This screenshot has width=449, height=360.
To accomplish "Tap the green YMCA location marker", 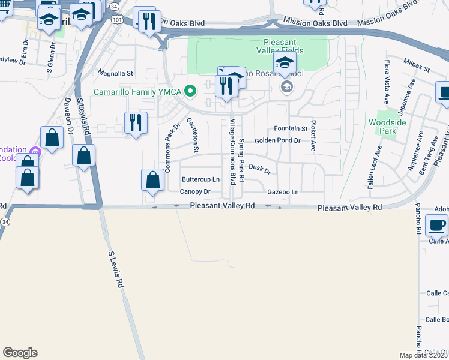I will pyautogui.click(x=191, y=92).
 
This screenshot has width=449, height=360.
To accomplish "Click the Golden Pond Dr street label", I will pyautogui.click(x=277, y=140).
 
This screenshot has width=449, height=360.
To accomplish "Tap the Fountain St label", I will pyautogui.click(x=290, y=128).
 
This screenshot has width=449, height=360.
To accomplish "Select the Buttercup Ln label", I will pyautogui.click(x=200, y=179).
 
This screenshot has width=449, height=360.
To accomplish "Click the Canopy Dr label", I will pyautogui.click(x=195, y=192).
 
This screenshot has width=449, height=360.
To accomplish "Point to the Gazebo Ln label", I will pyautogui.click(x=283, y=191).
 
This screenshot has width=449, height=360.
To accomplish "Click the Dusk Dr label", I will pyautogui.click(x=260, y=170).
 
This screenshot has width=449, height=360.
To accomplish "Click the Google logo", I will pyautogui.click(x=20, y=353).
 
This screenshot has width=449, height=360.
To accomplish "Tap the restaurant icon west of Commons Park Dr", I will pyautogui.click(x=136, y=123).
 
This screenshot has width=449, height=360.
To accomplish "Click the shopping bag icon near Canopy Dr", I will pyautogui.click(x=153, y=179).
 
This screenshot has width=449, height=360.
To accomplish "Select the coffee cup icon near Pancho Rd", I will pyautogui.click(x=436, y=226).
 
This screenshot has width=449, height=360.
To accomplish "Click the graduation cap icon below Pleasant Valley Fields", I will pyautogui.click(x=285, y=63).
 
